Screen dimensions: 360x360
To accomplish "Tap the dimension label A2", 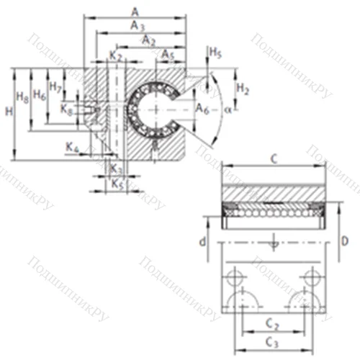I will (x=149, y=41).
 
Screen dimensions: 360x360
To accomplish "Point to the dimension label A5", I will (x=167, y=55).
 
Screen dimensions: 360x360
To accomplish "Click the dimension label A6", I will (x=202, y=109).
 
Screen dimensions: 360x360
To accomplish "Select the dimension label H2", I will (x=243, y=89).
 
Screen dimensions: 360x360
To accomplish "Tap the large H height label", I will (x=8, y=112).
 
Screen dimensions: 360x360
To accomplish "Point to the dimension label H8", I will (x=22, y=96).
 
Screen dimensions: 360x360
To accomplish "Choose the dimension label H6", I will (x=40, y=95).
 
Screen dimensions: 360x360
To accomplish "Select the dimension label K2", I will (x=115, y=55).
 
